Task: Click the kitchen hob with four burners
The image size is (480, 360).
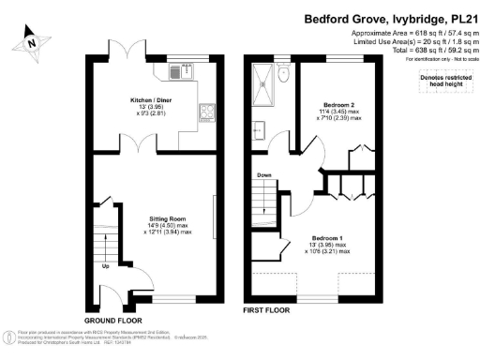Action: [x=205, y=115]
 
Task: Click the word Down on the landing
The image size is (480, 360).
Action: [x=264, y=174]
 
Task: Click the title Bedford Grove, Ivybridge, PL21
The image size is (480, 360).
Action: [x=387, y=18]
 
